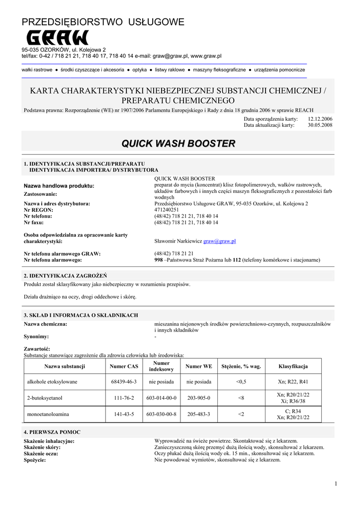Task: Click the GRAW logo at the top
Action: [x=57, y=38]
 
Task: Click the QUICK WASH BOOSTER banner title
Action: [x=179, y=144]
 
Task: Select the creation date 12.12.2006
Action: [x=320, y=119]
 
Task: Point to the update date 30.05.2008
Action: [x=320, y=125]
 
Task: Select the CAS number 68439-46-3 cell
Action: [x=124, y=382]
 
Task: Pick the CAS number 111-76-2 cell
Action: [x=124, y=398]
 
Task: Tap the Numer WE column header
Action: [x=198, y=366]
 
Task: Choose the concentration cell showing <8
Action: [x=241, y=398]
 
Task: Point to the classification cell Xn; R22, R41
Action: [x=293, y=382]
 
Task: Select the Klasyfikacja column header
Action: [x=293, y=366]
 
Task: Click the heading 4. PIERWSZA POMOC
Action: [x=52, y=432]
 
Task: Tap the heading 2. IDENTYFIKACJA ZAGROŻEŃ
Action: [x=65, y=275]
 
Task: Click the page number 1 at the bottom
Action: [x=336, y=484]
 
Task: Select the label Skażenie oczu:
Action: [x=41, y=454]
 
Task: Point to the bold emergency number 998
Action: [x=159, y=260]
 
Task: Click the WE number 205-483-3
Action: [x=198, y=414]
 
